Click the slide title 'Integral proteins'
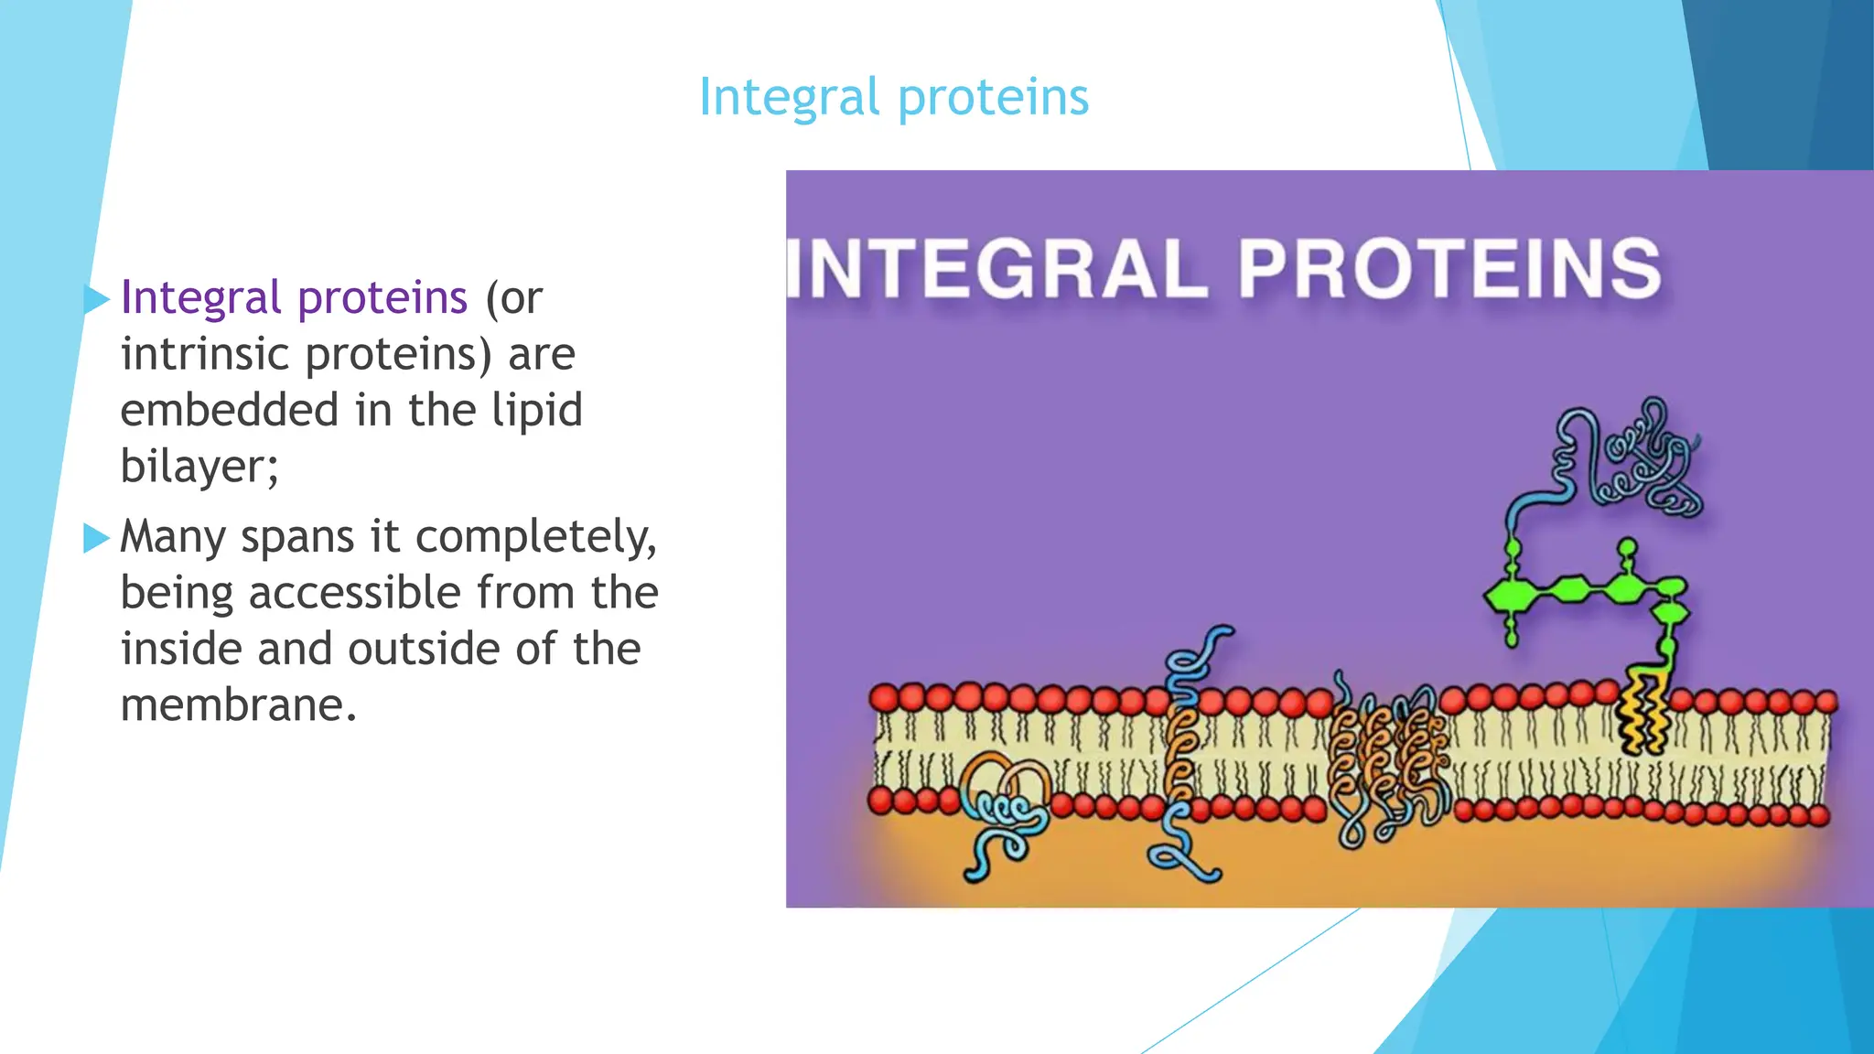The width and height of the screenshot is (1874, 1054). tap(893, 97)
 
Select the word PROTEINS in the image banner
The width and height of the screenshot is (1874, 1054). tap(1449, 269)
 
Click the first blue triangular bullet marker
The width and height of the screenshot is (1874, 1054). tap(95, 298)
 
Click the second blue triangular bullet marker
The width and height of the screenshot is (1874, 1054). tap(95, 538)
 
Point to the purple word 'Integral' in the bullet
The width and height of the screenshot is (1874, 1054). tap(200, 298)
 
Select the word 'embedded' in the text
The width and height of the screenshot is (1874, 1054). tap(229, 411)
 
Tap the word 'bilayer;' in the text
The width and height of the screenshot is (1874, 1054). tap(199, 468)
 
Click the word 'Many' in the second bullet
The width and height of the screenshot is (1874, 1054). tap(172, 538)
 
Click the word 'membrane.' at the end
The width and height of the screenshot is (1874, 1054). tap(238, 706)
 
